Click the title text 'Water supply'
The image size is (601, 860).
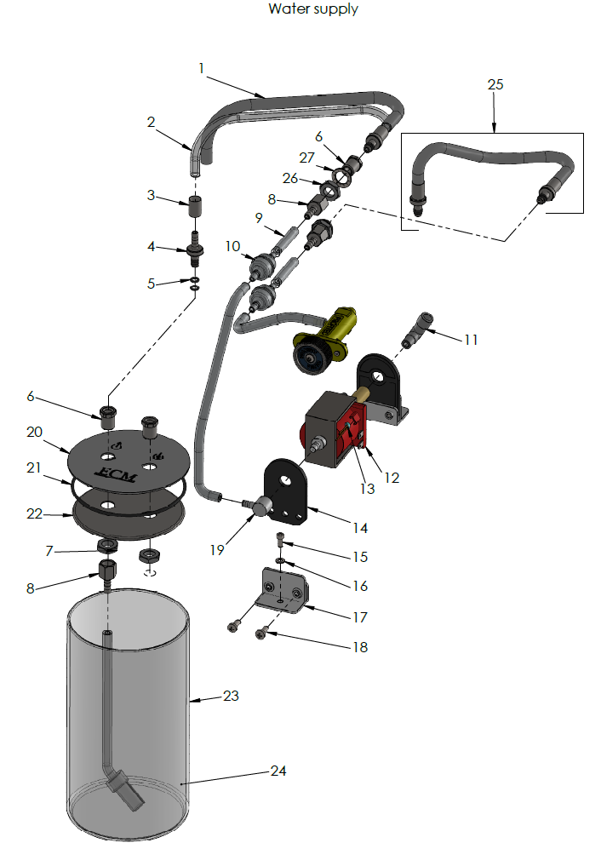click(312, 9)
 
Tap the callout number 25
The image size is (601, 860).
click(495, 84)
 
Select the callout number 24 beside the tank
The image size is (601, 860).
click(278, 771)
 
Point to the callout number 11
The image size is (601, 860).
click(470, 339)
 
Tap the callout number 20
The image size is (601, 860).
click(34, 432)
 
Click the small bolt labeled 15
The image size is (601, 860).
click(282, 538)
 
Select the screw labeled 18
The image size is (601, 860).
click(262, 632)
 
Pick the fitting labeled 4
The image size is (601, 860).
click(195, 251)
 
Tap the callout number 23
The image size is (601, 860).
click(231, 696)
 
